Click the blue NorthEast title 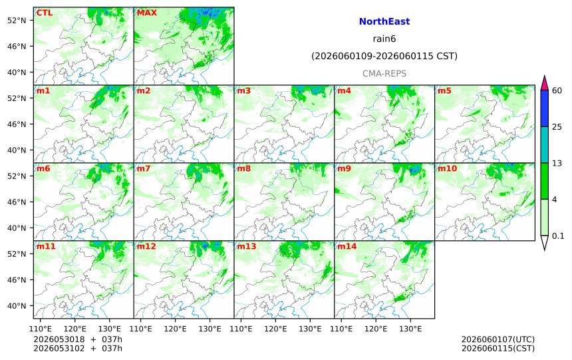pos(384,21)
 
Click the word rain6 pos(384,39)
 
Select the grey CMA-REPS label pos(384,74)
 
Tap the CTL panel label pos(44,13)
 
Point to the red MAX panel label pos(146,13)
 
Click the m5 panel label pos(444,90)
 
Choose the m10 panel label pos(447,168)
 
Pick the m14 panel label pos(347,246)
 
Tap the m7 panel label pos(144,168)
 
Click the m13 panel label pos(247,246)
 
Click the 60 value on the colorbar pos(557,90)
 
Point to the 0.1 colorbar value pos(558,236)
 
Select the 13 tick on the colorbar pos(557,163)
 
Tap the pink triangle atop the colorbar pos(545,84)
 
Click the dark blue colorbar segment pos(545,108)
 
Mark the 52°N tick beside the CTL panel pos(17,21)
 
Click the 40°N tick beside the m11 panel pos(17,305)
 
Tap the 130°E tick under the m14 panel pos(410,329)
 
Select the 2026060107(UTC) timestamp pos(498,340)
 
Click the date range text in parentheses pos(384,56)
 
